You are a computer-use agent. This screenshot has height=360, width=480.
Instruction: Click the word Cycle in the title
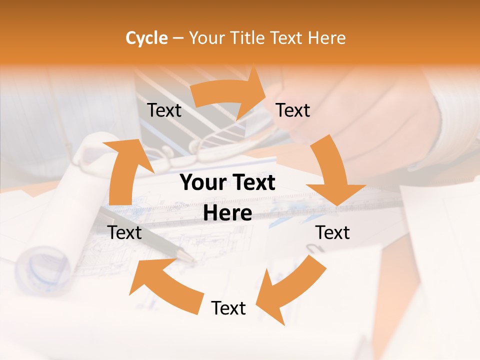tap(146, 38)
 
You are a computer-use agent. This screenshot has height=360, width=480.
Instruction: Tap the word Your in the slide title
tap(207, 38)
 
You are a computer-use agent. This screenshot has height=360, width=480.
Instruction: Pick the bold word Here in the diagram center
tap(227, 213)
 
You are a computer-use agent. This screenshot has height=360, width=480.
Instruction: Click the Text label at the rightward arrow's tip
tap(293, 110)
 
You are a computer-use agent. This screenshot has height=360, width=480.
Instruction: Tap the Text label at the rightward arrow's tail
tap(164, 110)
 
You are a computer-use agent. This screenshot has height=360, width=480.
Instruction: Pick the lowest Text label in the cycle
tap(228, 308)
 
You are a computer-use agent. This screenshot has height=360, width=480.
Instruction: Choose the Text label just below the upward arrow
tap(125, 232)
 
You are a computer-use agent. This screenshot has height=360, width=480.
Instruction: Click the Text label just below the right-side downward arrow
tap(332, 232)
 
